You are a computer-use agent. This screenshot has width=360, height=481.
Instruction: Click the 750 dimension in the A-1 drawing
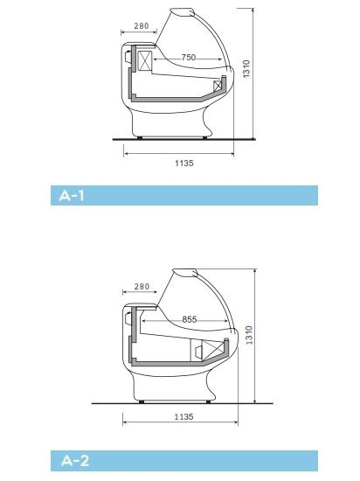189,58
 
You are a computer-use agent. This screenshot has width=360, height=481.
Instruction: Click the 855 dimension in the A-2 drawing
190,319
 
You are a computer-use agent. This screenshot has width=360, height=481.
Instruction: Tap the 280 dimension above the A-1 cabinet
142,25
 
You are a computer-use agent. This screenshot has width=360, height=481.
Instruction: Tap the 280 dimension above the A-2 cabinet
142,287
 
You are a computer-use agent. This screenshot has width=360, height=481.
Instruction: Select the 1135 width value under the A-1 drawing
184,164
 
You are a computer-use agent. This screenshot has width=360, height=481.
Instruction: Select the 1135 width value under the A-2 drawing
183,417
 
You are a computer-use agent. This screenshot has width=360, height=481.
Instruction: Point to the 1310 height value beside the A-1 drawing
246,69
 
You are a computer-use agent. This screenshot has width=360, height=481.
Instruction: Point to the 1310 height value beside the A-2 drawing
249,335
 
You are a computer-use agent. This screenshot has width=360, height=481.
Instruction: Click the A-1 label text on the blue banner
72,195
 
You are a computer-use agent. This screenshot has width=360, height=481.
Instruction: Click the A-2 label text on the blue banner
75,461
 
